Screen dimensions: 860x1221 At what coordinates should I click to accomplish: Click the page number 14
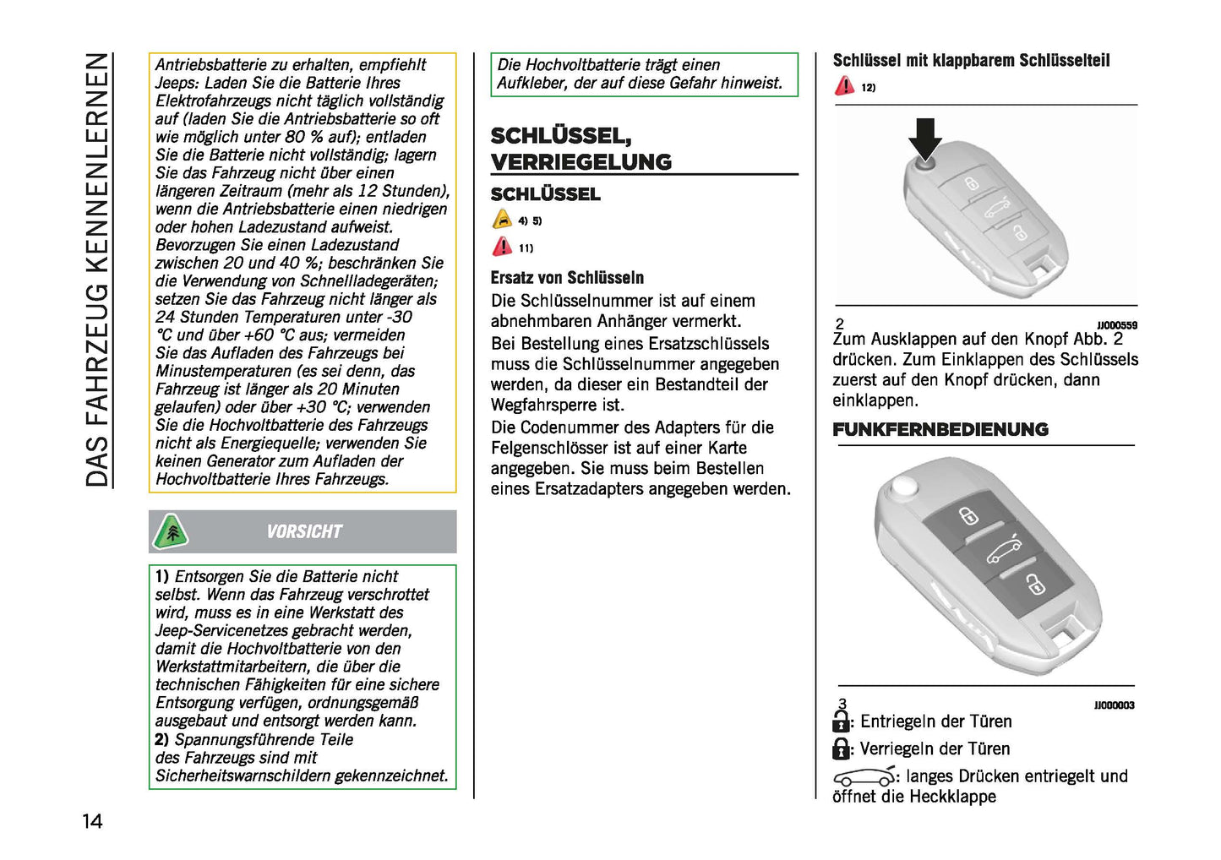pos(92,821)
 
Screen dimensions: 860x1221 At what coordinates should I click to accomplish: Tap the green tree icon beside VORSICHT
pos(172,532)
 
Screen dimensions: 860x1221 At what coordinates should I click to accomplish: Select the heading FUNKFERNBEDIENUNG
pos(940,430)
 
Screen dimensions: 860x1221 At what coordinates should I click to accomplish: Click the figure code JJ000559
pos(1116,325)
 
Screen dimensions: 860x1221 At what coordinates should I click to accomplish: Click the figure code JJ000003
pos(1114,705)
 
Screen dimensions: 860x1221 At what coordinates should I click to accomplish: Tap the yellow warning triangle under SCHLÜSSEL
pos(502,220)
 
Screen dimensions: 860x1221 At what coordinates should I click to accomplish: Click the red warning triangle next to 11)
pos(502,247)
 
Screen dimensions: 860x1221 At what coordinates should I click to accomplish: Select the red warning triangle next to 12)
pos(844,86)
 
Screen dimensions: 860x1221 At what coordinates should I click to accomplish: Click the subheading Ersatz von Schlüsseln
pos(567,278)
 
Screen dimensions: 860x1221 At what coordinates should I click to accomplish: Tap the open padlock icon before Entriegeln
pos(841,721)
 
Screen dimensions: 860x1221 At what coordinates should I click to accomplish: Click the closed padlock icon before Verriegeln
pos(841,748)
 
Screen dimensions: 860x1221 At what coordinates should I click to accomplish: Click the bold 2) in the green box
pos(162,740)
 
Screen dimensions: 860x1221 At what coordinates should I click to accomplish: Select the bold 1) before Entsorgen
pos(162,577)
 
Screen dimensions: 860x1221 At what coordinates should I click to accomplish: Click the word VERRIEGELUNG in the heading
pos(581,162)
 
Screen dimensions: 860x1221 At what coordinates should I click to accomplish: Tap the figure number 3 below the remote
pos(842,704)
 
